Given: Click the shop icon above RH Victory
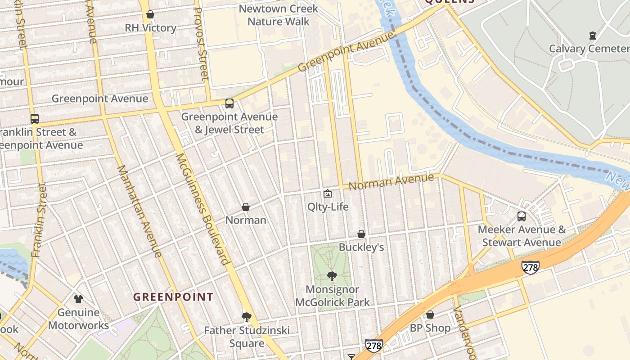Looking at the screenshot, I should pyautogui.click(x=150, y=15).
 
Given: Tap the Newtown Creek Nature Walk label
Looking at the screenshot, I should pyautogui.click(x=278, y=15).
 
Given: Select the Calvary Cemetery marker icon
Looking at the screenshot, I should pyautogui.click(x=592, y=36).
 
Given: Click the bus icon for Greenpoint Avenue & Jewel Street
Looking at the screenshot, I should pyautogui.click(x=229, y=103).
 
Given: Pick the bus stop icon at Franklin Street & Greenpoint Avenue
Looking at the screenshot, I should pyautogui.click(x=35, y=119).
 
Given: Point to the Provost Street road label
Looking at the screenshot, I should pyautogui.click(x=201, y=44).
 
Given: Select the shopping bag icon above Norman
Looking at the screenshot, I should pyautogui.click(x=246, y=207).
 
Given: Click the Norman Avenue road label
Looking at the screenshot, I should pyautogui.click(x=391, y=182).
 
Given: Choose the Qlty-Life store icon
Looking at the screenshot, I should pyautogui.click(x=328, y=194).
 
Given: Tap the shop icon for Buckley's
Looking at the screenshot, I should pyautogui.click(x=361, y=234).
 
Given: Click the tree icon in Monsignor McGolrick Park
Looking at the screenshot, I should pyautogui.click(x=332, y=276).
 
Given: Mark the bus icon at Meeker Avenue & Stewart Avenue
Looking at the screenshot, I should pyautogui.click(x=522, y=216).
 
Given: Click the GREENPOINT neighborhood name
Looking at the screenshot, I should pyautogui.click(x=173, y=297).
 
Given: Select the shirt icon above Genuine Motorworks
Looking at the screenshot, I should pyautogui.click(x=78, y=299).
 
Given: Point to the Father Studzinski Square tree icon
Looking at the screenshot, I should pyautogui.click(x=246, y=317).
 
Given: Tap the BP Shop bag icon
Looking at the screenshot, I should pyautogui.click(x=430, y=315).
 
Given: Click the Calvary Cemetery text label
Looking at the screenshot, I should pyautogui.click(x=589, y=49).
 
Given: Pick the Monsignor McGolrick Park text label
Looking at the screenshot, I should pyautogui.click(x=332, y=296).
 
